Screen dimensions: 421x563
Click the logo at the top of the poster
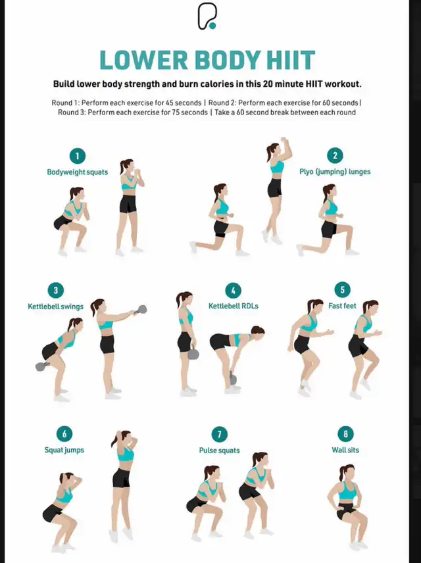[207, 16]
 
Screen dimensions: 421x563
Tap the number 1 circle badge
[77, 156]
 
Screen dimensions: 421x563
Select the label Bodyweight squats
[77, 172]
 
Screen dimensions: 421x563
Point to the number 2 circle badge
[335, 156]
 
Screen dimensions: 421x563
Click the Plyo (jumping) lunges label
[335, 172]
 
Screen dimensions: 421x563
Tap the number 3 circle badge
[56, 290]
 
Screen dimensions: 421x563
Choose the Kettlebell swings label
[56, 306]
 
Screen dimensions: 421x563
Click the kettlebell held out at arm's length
[141, 310]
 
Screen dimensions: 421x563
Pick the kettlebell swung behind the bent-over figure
[42, 366]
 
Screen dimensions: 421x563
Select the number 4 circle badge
[233, 291]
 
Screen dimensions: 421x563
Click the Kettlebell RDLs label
[234, 306]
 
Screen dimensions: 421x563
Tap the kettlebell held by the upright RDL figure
[193, 353]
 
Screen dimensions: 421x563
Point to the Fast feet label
[342, 306]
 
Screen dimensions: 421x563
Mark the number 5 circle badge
[342, 290]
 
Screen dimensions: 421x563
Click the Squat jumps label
[64, 450]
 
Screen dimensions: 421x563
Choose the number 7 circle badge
[220, 435]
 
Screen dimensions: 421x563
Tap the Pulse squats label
[220, 451]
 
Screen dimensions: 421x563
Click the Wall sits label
[345, 450]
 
